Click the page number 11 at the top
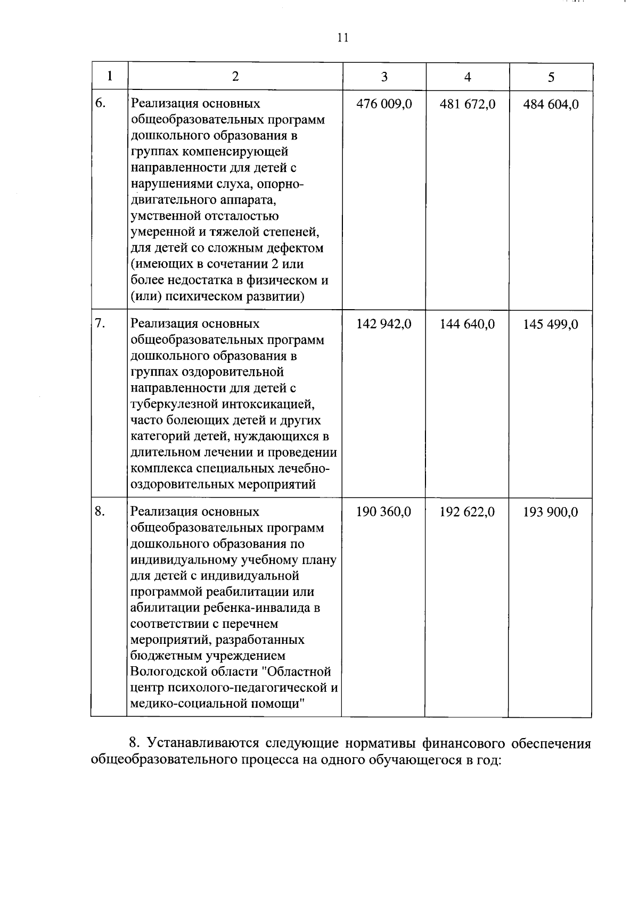coord(342,38)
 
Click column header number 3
coord(384,77)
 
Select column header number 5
coord(551,77)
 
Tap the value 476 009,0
coord(384,104)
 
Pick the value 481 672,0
coord(468,104)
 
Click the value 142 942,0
coord(384,324)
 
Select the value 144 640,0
coord(468,324)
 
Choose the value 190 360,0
coord(384,512)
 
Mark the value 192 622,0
coord(468,512)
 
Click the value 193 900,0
coord(551,512)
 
